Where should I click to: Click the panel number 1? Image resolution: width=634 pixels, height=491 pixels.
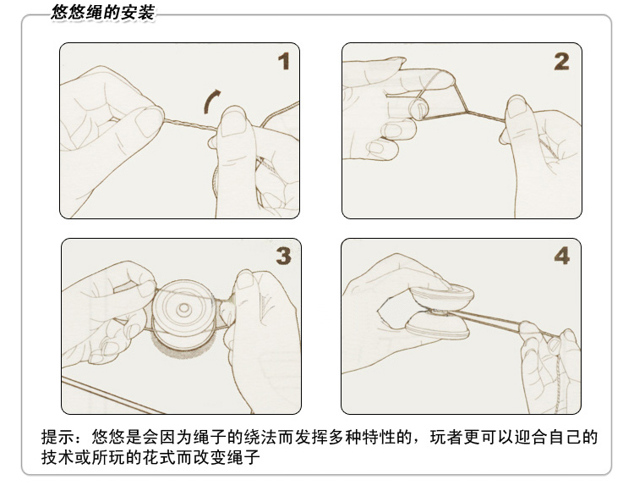tap(283, 61)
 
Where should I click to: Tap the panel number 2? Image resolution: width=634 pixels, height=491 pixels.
tap(561, 62)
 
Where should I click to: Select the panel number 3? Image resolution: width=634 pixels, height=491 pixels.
tap(283, 256)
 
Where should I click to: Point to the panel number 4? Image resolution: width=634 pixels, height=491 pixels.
tap(562, 256)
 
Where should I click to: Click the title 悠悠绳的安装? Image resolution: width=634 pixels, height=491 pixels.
tap(103, 12)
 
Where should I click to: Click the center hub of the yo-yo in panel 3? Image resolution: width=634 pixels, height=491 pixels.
tap(184, 308)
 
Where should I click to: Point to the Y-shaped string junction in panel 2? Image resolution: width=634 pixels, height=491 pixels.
tap(468, 111)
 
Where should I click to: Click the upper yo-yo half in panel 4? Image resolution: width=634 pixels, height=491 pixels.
tap(442, 296)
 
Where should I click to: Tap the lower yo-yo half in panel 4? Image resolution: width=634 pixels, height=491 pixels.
tap(438, 327)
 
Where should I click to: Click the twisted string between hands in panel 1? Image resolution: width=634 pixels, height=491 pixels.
tap(190, 124)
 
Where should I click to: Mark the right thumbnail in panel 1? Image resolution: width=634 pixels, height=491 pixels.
tap(233, 122)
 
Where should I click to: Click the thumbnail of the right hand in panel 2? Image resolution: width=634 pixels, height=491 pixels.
tap(516, 108)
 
